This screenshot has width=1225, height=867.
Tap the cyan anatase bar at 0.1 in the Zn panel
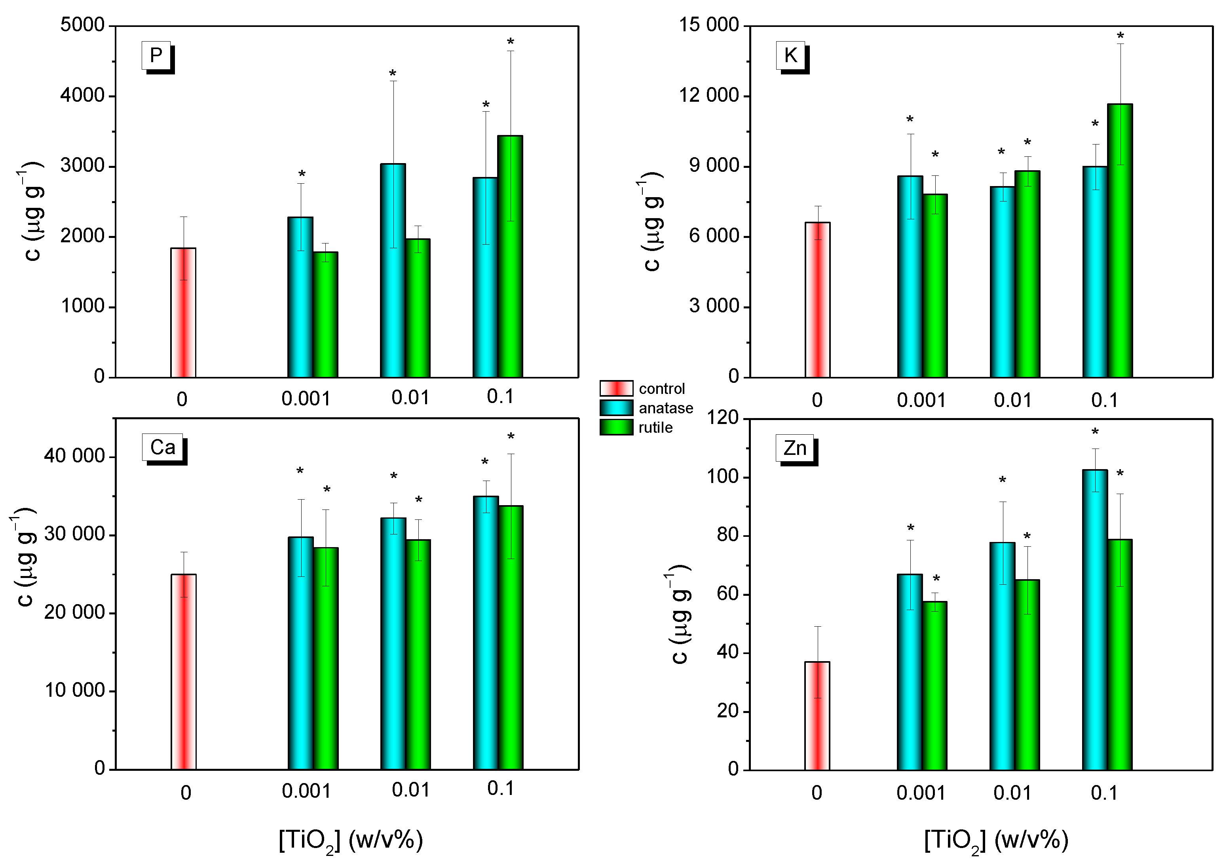pos(1094,619)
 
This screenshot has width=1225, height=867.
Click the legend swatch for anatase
pos(616,408)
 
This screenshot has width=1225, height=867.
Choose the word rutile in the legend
pos(655,428)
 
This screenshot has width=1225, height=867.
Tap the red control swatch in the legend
pos(616,388)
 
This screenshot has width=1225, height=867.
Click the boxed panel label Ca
pos(162,447)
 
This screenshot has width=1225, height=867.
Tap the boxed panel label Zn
pos(794,447)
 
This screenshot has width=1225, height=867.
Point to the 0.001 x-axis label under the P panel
pos(306,399)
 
